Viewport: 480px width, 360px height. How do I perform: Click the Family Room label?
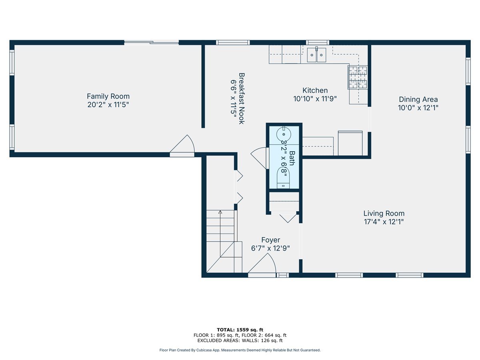click(x=108, y=96)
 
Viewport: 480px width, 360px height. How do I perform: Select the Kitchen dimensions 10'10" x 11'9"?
click(x=315, y=99)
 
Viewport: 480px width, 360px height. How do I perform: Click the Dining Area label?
click(x=418, y=100)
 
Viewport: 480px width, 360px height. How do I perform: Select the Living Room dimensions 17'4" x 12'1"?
click(x=384, y=222)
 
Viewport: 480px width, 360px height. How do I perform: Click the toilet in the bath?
click(x=284, y=178)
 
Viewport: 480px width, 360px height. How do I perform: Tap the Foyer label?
click(x=270, y=240)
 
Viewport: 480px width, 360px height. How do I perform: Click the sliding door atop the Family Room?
click(x=151, y=42)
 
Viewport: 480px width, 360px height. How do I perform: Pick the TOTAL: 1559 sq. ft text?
click(x=240, y=330)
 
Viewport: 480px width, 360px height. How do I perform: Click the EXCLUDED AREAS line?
click(x=240, y=341)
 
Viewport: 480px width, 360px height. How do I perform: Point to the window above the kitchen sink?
click(x=318, y=42)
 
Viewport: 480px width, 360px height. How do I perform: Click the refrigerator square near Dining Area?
click(x=350, y=143)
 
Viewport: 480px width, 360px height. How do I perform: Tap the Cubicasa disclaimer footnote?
click(x=240, y=350)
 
